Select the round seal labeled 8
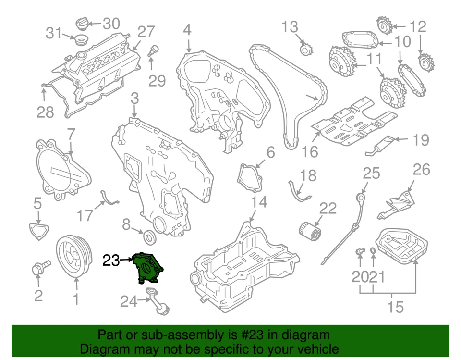point(150,236)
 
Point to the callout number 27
point(146,32)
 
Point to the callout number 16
point(310,151)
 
